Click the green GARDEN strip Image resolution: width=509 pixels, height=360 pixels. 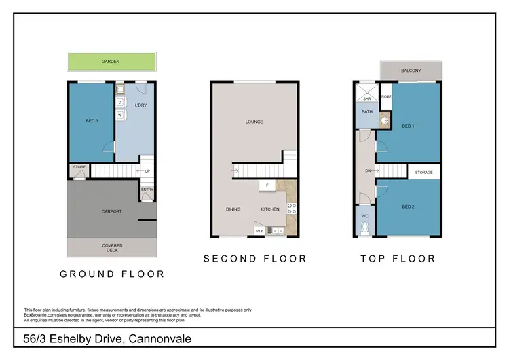[x=111, y=61]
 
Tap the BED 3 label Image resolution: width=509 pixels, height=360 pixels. [x=92, y=121]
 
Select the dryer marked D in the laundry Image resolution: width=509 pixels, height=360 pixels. [x=120, y=103]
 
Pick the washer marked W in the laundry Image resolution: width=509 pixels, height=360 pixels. [x=120, y=115]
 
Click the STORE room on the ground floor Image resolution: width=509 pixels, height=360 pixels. [x=79, y=166]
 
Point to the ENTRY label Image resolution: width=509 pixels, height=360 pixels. [x=147, y=190]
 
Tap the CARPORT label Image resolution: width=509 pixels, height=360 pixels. [x=112, y=211]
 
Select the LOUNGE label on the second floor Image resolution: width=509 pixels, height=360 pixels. [x=254, y=122]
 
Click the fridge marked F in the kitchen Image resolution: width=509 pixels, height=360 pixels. [x=267, y=185]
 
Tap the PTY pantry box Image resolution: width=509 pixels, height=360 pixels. [x=259, y=231]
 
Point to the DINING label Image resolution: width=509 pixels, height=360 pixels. [x=233, y=209]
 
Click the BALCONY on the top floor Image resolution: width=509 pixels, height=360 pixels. [x=410, y=71]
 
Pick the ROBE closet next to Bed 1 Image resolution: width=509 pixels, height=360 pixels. [x=385, y=97]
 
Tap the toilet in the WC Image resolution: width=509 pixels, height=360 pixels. [x=365, y=228]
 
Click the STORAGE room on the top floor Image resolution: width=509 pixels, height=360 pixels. [x=423, y=173]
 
